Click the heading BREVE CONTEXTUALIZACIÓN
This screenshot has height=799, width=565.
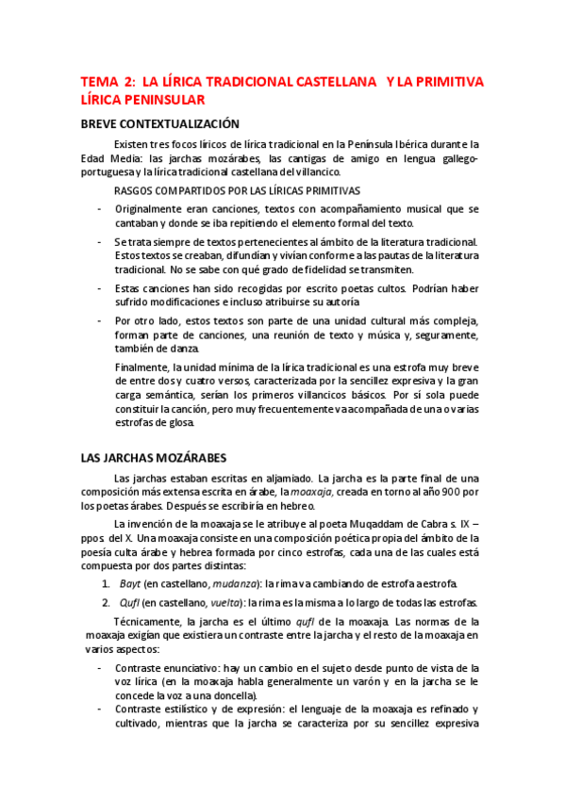click(x=159, y=124)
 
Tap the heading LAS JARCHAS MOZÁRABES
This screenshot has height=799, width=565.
click(x=154, y=458)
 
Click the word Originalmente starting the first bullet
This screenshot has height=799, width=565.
click(x=155, y=207)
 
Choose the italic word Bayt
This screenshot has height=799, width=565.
click(x=130, y=584)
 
